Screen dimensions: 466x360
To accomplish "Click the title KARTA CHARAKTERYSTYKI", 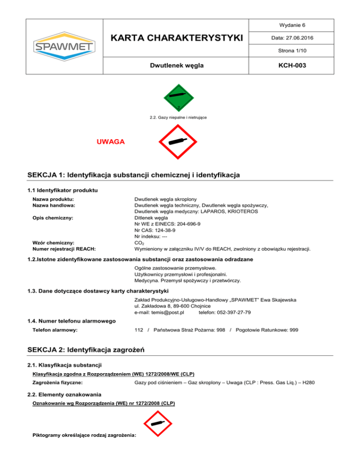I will (x=180, y=37).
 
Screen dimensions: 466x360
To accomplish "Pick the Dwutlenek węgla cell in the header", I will (x=180, y=66).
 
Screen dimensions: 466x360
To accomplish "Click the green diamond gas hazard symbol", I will (x=180, y=98).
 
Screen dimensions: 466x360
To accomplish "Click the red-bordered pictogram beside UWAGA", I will (x=180, y=142).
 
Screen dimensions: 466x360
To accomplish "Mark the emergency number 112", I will (x=139, y=330).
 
